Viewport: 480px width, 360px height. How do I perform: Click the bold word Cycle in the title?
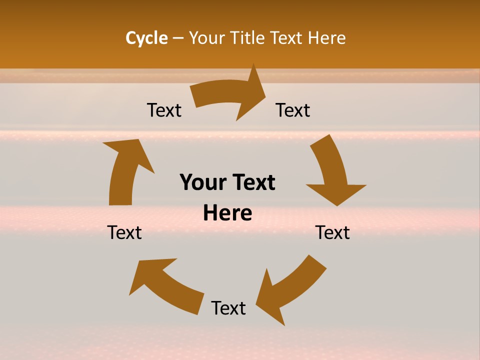pos(146,38)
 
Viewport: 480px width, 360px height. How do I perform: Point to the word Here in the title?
pos(325,38)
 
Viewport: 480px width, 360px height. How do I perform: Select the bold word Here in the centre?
pos(227,213)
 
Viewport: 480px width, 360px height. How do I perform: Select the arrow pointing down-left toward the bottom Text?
pos(290,290)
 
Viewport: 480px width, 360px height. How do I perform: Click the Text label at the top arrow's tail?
pos(164,110)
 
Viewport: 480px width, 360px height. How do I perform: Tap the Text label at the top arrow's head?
pos(293,110)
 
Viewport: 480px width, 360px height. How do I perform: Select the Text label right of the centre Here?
pos(332,232)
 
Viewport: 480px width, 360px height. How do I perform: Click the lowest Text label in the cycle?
pos(228,308)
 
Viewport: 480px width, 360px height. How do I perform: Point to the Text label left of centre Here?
pos(124,232)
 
